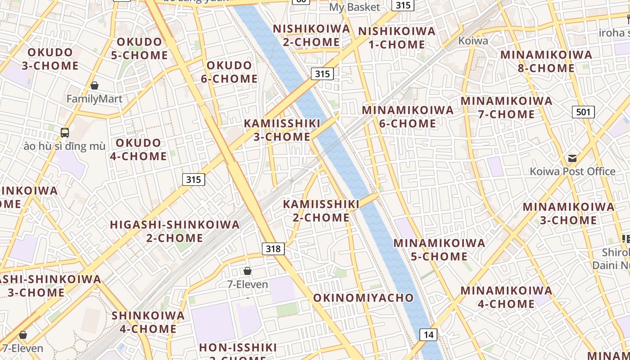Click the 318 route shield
coord(273,248)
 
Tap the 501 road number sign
coord(583,112)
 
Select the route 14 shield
coord(428,334)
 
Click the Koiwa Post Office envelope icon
coord(572,158)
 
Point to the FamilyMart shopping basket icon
coord(94,85)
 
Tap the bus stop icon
coord(65,133)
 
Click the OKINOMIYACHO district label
coord(363,297)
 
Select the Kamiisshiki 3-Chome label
coord(282,130)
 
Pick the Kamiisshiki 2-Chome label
coord(321,211)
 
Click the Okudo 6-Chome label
coord(229,72)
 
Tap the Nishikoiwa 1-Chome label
coord(397,38)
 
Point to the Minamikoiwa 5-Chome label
coord(439,250)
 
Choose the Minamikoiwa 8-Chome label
coord(546,62)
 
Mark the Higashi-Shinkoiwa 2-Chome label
coord(175,231)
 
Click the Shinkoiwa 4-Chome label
coord(148,322)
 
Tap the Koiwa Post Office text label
coord(572,171)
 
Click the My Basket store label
coord(355,7)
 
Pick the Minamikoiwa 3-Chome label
coord(568,213)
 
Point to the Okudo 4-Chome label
coord(138,149)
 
